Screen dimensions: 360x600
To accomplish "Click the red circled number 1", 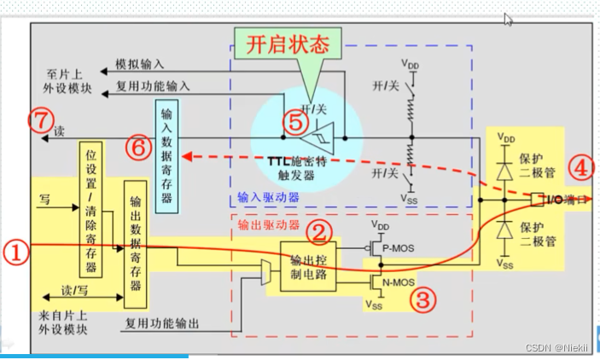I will (17, 252).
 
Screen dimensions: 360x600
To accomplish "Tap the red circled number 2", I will (319, 230).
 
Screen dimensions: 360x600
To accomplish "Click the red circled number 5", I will (294, 121).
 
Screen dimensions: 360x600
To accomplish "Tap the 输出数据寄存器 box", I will (135, 243).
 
